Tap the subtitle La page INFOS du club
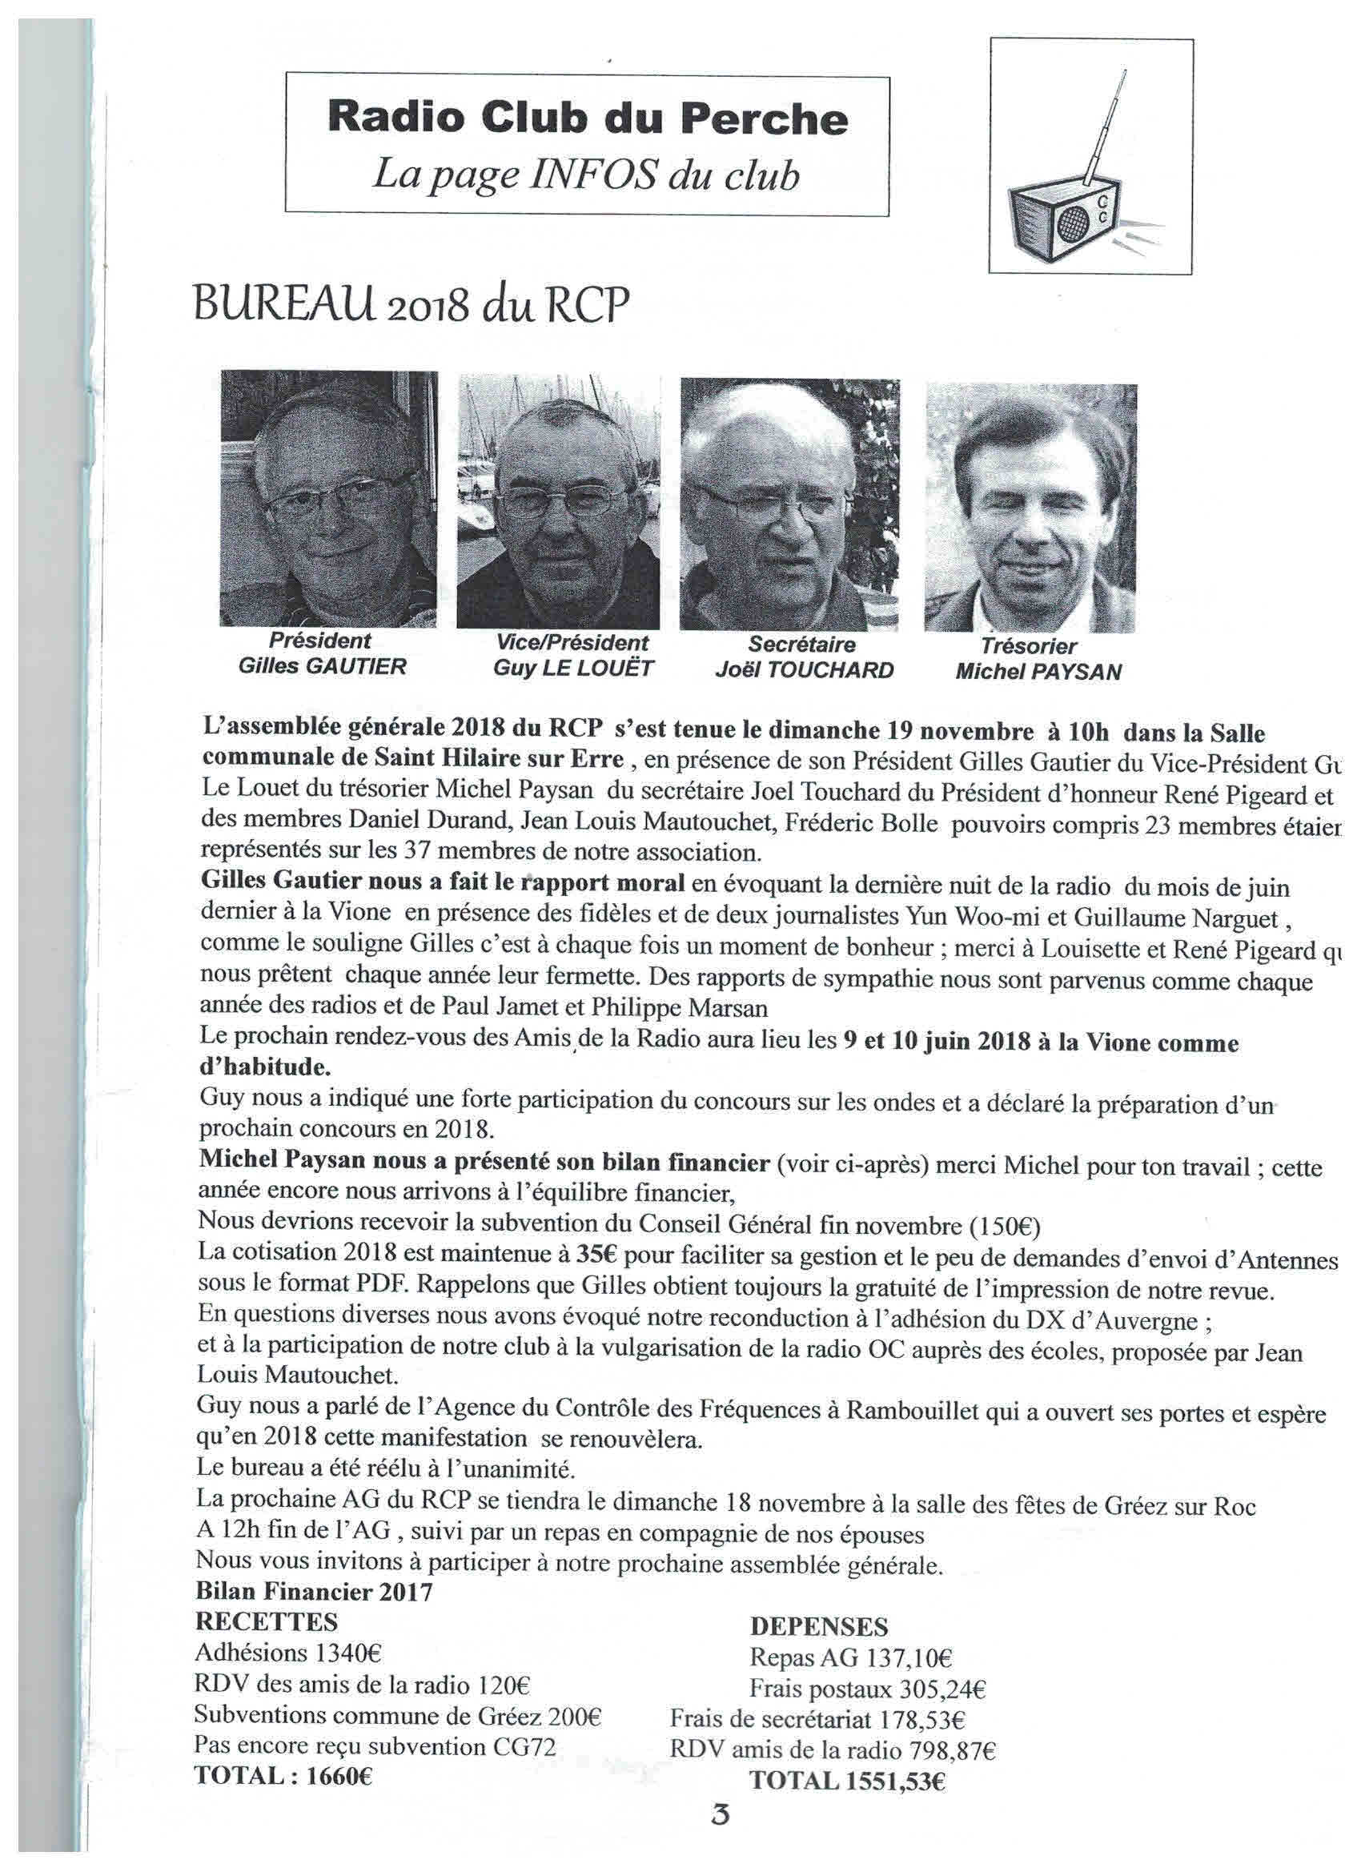586,176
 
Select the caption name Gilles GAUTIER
322,666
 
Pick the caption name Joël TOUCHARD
804,670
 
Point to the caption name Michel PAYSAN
1038,672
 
